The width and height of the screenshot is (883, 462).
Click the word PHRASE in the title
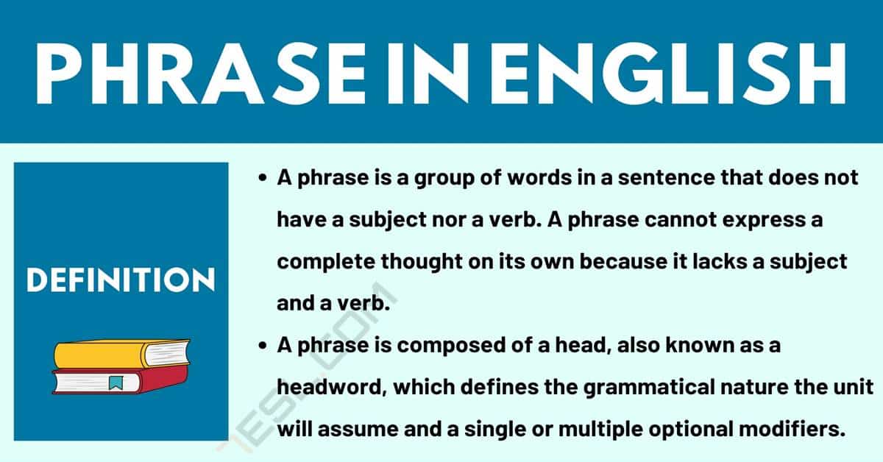coord(201,74)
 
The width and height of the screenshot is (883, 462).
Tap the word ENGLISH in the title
coord(668,74)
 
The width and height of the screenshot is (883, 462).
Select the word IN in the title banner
coord(428,74)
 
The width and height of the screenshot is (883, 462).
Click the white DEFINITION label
coord(121,280)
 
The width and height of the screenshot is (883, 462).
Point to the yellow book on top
coord(121,354)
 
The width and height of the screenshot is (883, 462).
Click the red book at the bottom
coord(120,380)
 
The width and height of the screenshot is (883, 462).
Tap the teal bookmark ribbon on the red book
coord(116,383)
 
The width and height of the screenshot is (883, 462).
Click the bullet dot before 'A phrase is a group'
coord(262,178)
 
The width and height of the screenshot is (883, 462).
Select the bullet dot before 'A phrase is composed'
coord(262,346)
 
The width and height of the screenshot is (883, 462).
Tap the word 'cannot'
coord(681,219)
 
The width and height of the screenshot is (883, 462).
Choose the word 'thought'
coord(422,262)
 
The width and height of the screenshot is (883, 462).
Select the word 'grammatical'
coord(649,388)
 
